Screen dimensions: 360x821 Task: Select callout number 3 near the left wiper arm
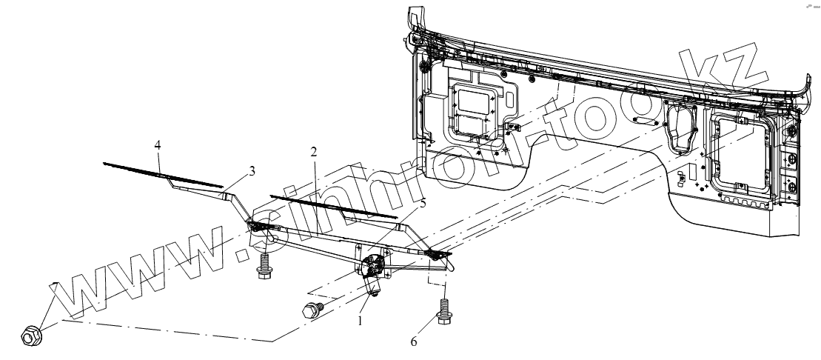pos(252,171)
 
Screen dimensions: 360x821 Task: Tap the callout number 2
pos(314,153)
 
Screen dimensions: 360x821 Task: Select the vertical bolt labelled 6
pos(444,311)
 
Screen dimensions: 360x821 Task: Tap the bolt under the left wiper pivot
pos(263,266)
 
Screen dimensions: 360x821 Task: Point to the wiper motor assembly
pos(373,270)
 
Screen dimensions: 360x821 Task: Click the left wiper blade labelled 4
pos(163,173)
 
